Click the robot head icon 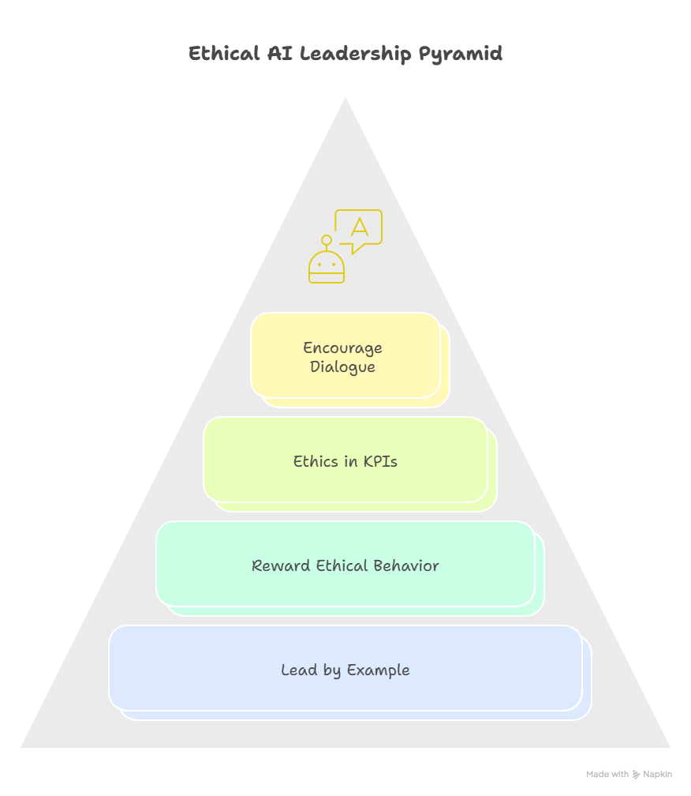[x=327, y=267]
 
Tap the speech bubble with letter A [x=359, y=230]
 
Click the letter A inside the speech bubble [x=360, y=227]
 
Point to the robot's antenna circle [x=327, y=240]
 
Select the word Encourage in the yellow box [x=342, y=347]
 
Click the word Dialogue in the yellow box [x=342, y=367]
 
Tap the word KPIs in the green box [x=380, y=462]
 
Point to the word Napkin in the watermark [x=658, y=775]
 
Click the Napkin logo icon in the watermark [x=637, y=775]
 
